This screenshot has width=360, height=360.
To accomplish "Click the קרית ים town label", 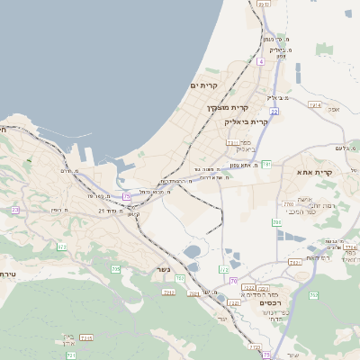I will (x=205, y=85).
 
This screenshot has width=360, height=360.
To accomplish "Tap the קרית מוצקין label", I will (x=220, y=107).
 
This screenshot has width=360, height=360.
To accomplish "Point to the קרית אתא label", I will (x=314, y=171).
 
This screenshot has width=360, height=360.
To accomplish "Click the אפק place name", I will (x=334, y=109).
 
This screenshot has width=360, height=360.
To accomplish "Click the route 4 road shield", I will (x=260, y=61).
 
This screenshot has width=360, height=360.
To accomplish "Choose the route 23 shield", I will (x=15, y=210).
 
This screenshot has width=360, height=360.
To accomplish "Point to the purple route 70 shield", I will (x=232, y=282).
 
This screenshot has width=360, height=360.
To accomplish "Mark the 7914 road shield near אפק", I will (x=315, y=105).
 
